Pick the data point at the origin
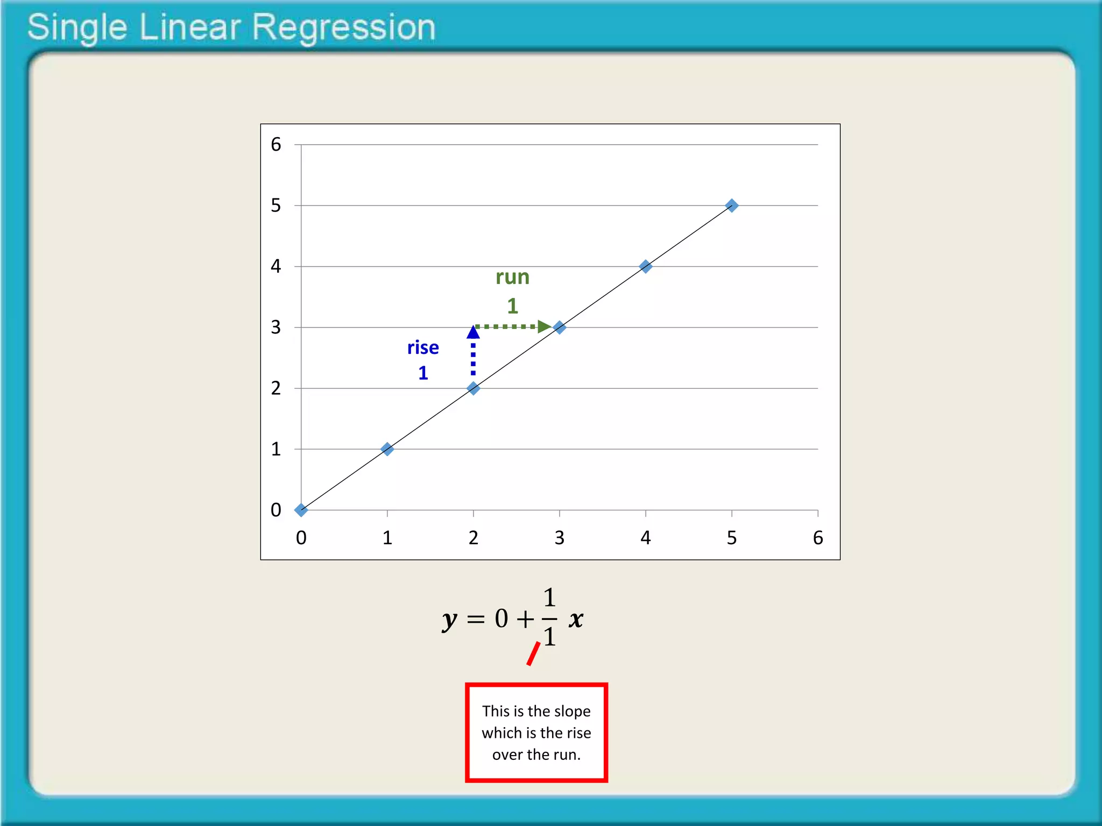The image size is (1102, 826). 301,510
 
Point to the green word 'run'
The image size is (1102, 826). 512,277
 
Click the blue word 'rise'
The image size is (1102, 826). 423,348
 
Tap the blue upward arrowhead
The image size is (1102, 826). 473,332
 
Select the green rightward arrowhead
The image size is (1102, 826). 544,326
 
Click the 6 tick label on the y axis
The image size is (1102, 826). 276,144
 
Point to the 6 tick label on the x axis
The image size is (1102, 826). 818,538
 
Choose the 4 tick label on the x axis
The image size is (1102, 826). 646,538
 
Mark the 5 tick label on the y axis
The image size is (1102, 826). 276,205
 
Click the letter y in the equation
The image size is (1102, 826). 449,620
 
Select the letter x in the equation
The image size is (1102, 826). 576,619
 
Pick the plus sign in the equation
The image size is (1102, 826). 525,619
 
